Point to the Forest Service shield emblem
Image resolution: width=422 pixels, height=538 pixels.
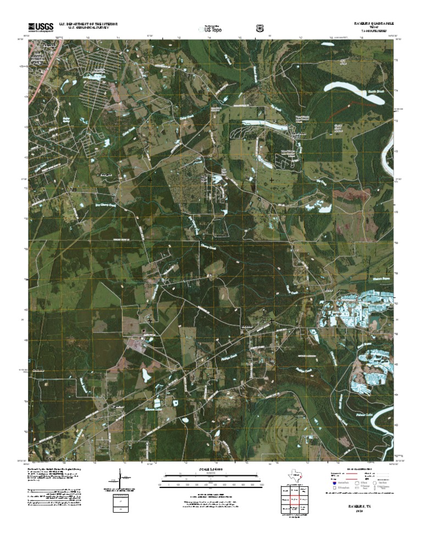click(x=259, y=27)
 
